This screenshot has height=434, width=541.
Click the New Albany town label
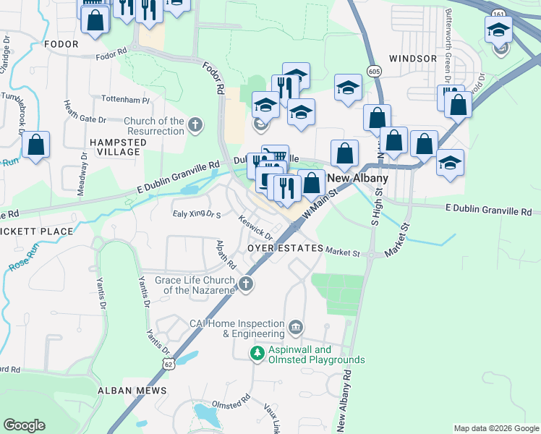point(358,179)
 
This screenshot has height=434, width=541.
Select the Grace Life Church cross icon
point(246,284)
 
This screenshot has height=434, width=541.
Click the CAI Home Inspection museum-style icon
point(295,328)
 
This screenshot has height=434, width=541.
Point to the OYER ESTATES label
point(284,248)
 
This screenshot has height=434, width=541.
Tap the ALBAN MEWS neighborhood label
point(132,391)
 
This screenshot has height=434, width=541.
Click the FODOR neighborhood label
point(61,44)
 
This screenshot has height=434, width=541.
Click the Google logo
point(24,425)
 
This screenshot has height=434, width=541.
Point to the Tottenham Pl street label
point(125,101)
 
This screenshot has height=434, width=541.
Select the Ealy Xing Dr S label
point(196,214)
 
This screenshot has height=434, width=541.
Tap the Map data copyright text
point(495,428)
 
